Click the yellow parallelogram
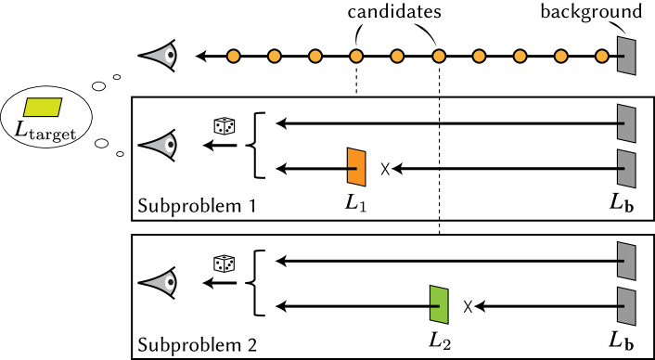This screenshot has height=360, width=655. pos(43,108)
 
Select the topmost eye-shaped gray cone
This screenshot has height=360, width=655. pos(161,56)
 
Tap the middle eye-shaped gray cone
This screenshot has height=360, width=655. pos(161,145)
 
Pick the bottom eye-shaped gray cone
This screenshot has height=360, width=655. pos(161,283)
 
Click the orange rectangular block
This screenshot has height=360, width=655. pos(356,167)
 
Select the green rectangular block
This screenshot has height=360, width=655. pos(439,304)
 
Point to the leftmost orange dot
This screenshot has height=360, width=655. pos(233,56)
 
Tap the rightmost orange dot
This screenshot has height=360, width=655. pos(602,56)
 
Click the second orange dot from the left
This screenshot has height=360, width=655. pos(275,56)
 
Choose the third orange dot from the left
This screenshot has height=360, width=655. pos(315,56)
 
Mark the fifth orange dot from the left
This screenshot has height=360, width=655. pos(397,56)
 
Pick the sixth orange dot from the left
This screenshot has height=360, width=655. pos(439,56)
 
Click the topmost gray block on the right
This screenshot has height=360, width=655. pos(627,56)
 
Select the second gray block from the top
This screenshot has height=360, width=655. pos(627,123)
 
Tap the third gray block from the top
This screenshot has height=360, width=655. pos(627,169)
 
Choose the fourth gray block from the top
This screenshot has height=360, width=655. pos(627,261)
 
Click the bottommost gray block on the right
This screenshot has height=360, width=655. pos(627,306)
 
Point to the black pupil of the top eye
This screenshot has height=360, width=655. pos(171,56)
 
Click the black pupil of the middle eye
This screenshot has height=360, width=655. pos(171,145)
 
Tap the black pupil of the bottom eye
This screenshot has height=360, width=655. pos(171,283)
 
